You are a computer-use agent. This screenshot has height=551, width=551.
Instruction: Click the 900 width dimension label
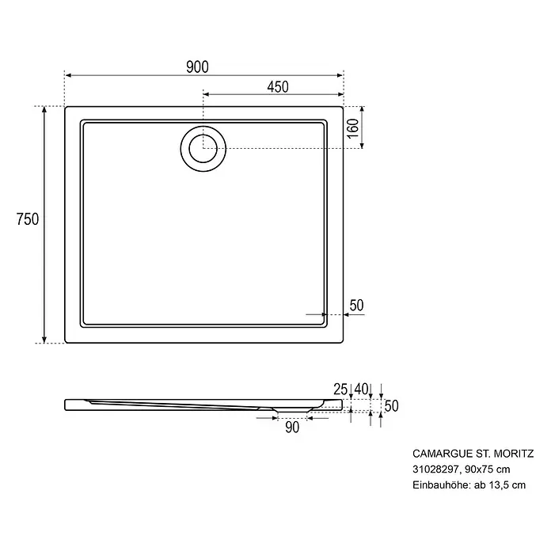pyautogui.click(x=197, y=66)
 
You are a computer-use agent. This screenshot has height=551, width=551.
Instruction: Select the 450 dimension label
pyautogui.click(x=278, y=87)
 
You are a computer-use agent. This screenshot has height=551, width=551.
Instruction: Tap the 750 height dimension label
pyautogui.click(x=28, y=219)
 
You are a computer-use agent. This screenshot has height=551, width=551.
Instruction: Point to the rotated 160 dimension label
pyautogui.click(x=354, y=128)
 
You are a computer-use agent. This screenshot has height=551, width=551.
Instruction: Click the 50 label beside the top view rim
pyautogui.click(x=356, y=306)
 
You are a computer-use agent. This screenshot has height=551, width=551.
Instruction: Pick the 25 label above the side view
pyautogui.click(x=340, y=389)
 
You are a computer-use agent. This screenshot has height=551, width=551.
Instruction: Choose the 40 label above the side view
pyautogui.click(x=361, y=389)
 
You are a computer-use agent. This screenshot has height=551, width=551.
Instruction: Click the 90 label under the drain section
pyautogui.click(x=292, y=427)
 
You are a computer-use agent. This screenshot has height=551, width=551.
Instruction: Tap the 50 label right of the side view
pyautogui.click(x=391, y=406)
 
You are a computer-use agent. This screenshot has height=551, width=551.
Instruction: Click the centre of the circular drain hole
pyautogui.click(x=203, y=149)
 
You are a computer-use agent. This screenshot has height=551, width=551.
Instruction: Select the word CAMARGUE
pyautogui.click(x=443, y=454)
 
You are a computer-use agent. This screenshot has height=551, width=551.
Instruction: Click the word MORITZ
pyautogui.click(x=514, y=454)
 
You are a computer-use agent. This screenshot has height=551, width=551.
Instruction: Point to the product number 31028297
pyautogui.click(x=435, y=469)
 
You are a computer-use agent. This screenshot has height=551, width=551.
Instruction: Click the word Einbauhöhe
pyautogui.click(x=441, y=485)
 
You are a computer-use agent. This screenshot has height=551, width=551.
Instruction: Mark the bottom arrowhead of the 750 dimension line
pyautogui.click(x=44, y=340)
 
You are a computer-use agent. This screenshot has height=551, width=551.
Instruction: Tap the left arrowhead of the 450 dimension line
pyautogui.click(x=207, y=94)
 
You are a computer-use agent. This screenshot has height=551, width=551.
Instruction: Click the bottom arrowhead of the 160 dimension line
pyautogui.click(x=363, y=145)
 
